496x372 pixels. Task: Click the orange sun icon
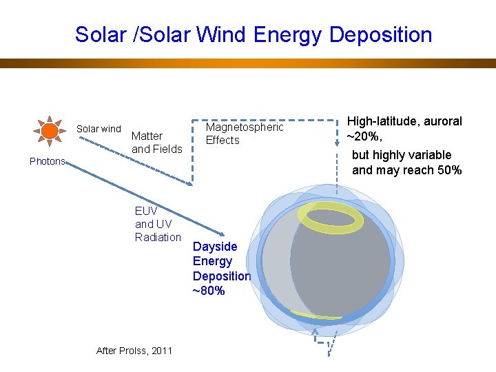coord(50,130)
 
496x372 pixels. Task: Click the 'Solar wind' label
coord(99,129)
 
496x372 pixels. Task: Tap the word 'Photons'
coord(47,161)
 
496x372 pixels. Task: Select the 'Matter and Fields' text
coord(156,143)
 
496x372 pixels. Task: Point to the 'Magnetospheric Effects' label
coord(245,134)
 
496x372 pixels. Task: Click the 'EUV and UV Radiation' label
coord(158,224)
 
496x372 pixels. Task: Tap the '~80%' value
coord(208,291)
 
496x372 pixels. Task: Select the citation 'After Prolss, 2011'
coord(134,351)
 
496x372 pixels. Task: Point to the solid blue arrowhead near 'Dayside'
coord(220,234)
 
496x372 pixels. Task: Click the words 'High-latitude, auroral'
coord(404,121)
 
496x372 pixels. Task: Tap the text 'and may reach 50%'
coord(406,170)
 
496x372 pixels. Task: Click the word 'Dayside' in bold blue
coord(215,247)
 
